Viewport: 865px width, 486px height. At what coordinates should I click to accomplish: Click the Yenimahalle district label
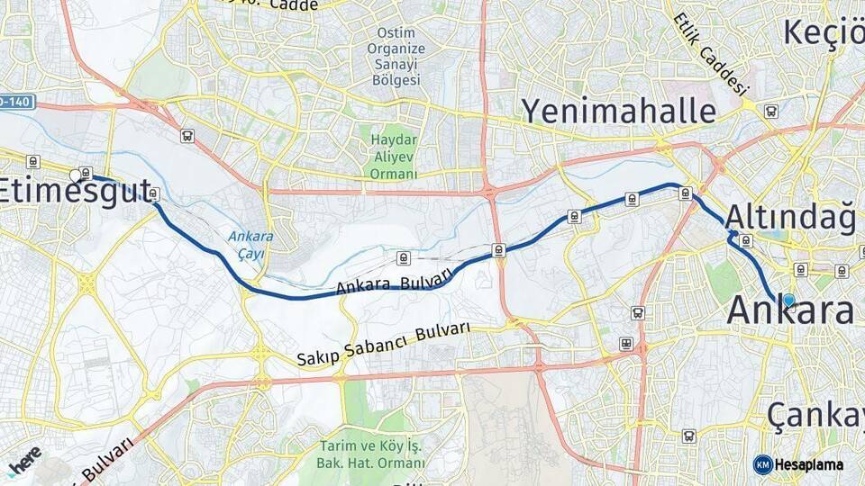click(620, 111)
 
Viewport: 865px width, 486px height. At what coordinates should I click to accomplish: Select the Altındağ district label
click(789, 216)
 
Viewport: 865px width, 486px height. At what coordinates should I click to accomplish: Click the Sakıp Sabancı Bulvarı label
click(384, 343)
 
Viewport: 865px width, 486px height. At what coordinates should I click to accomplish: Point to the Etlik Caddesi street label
click(712, 55)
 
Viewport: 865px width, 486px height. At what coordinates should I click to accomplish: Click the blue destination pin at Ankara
click(788, 301)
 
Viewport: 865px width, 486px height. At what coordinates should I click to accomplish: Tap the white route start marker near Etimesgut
click(75, 175)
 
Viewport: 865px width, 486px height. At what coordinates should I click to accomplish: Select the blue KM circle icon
click(762, 464)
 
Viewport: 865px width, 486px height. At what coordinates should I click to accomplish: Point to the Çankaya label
click(815, 415)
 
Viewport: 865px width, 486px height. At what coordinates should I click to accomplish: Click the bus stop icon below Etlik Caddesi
click(770, 112)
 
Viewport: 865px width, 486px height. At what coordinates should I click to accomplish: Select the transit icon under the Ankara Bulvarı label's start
click(403, 259)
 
